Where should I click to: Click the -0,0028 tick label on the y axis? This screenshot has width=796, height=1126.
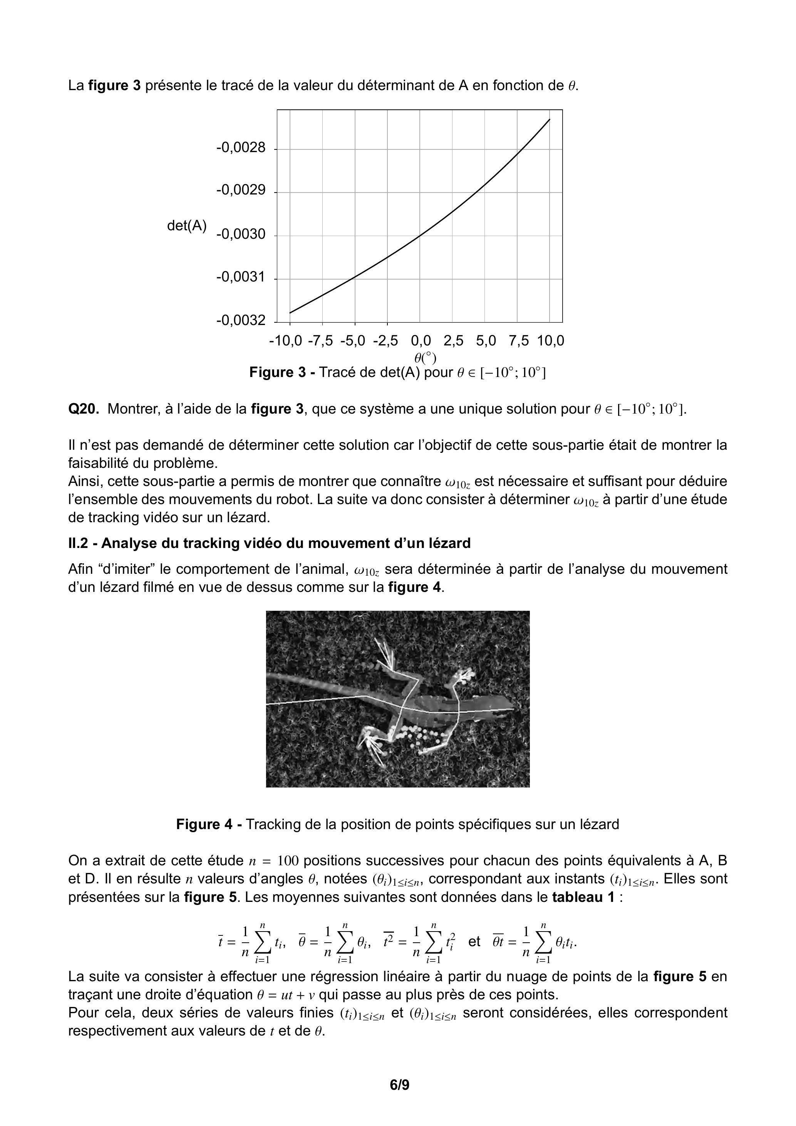pos(240,147)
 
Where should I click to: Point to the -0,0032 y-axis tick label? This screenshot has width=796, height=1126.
pos(240,321)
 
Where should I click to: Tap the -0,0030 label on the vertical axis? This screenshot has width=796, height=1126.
pos(240,235)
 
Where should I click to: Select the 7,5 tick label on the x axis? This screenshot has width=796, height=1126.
pos(518,341)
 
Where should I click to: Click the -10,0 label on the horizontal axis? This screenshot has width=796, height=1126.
pos(285,341)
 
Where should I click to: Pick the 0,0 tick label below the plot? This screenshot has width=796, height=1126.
pos(421,341)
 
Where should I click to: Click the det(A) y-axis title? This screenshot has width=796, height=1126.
pos(187,226)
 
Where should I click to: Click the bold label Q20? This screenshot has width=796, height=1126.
pos(84,409)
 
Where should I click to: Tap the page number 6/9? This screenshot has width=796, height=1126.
pos(399,1099)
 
